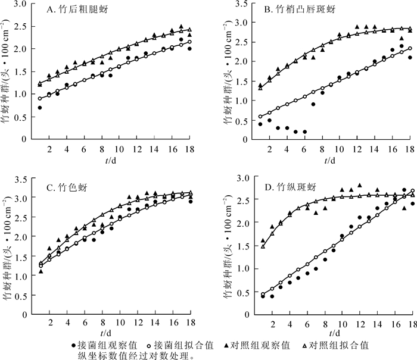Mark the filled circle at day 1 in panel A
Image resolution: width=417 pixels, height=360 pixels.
click(x=40, y=108)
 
